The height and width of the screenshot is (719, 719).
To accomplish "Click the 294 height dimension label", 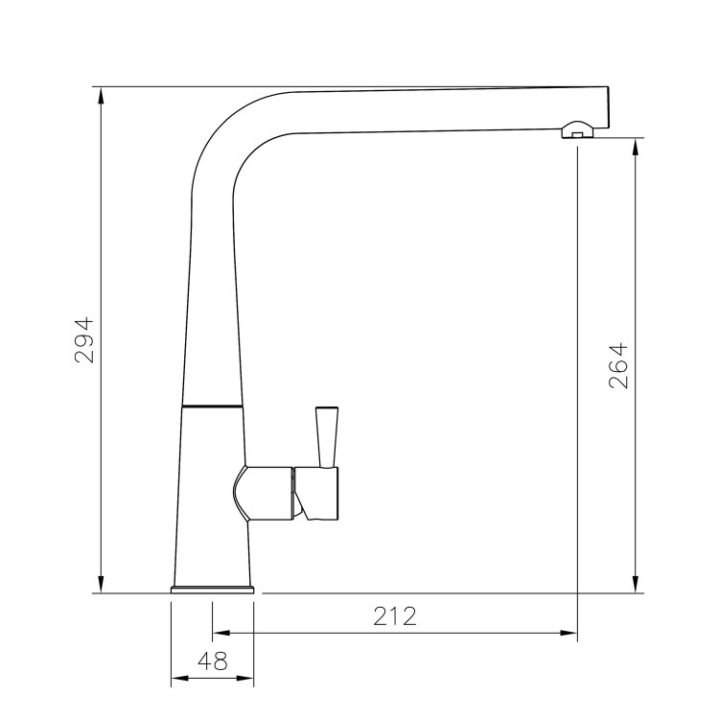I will [x=85, y=339].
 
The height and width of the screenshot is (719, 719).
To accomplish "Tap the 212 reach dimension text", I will [x=395, y=616].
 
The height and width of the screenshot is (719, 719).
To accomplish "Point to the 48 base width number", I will [x=212, y=661].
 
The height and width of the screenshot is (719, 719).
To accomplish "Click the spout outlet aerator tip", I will [x=574, y=132].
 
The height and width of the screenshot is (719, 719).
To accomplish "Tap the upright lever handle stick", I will [x=326, y=436].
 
